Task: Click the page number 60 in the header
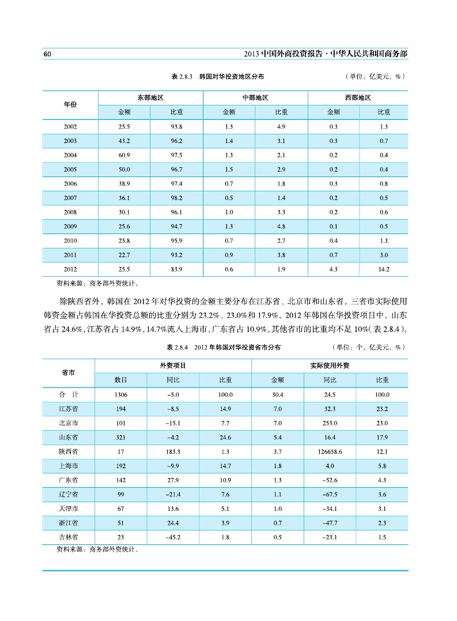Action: (x=48, y=54)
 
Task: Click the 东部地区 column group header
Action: (x=150, y=98)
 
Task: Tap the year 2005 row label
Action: (x=70, y=170)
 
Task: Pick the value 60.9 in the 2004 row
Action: (x=124, y=155)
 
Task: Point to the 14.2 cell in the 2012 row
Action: (x=383, y=269)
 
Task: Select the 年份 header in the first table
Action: (x=70, y=104)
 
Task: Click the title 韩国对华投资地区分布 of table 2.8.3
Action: (x=231, y=76)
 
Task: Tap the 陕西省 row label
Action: (x=69, y=451)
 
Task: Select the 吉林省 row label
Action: (x=69, y=537)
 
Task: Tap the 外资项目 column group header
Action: (x=173, y=366)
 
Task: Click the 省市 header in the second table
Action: (x=69, y=372)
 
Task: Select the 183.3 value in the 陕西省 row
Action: (x=173, y=451)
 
